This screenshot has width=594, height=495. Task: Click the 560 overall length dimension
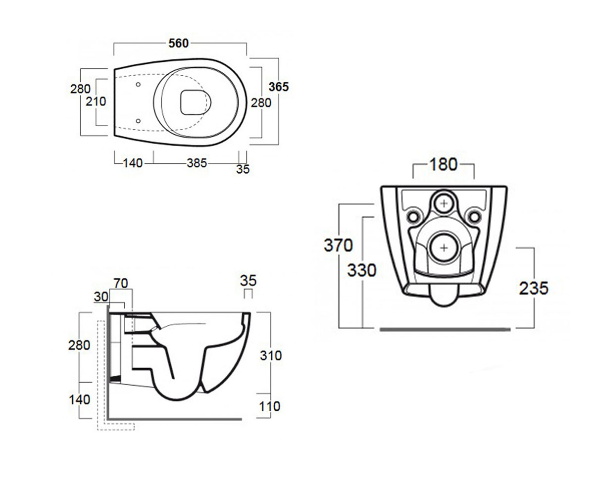pos(179,43)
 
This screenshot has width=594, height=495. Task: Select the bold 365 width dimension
pos(279,87)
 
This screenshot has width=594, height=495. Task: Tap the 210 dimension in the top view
pos(96,101)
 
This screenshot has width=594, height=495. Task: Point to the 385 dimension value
pos(197,163)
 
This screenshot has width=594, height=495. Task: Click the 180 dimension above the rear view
pos(443,164)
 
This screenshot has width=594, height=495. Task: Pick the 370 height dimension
pos(338,245)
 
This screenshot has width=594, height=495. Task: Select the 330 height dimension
pos(362,270)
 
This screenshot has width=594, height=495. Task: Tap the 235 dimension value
pos(534,288)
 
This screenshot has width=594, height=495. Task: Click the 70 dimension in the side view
pos(121,283)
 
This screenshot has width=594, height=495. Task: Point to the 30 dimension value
pos(101,297)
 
